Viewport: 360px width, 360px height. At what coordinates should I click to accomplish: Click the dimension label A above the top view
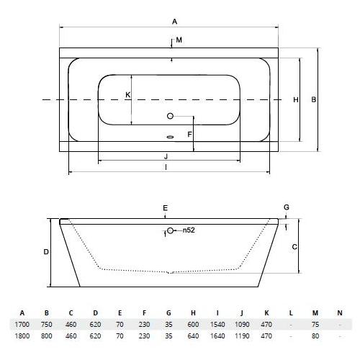174,22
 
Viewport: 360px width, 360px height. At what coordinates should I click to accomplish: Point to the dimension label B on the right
314,99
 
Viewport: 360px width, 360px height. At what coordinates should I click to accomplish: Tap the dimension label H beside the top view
296,99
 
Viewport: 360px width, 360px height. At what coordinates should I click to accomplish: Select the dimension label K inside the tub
128,95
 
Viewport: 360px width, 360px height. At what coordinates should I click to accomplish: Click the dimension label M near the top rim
179,40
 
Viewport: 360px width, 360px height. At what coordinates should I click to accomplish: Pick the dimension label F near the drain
189,135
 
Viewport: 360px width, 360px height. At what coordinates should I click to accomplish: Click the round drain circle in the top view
170,116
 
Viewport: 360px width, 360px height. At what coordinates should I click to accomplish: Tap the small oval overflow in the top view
170,137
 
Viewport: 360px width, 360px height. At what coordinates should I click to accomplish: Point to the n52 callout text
189,230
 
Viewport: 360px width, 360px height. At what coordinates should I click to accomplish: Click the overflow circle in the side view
170,230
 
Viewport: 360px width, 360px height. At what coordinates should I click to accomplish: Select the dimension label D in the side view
46,252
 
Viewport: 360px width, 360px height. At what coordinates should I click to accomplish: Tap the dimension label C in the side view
294,247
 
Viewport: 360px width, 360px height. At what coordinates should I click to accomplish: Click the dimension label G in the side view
287,207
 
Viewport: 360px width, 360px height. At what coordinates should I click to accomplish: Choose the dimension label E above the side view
165,208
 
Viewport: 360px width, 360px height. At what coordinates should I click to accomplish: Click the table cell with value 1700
22,325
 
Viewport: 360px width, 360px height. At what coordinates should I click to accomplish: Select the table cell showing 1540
217,325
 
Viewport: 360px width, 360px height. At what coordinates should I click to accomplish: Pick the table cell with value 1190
242,336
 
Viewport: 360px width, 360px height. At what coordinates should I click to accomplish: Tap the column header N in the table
340,313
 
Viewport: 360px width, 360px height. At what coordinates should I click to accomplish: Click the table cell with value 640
193,336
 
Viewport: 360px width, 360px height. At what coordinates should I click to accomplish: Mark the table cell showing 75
315,325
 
